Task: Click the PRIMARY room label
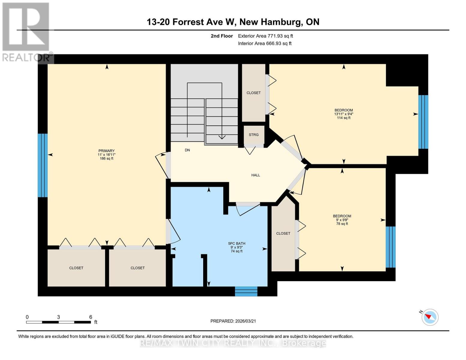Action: pos(107,151)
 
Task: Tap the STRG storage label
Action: pos(254,135)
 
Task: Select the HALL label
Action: pos(256,175)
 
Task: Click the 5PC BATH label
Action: pos(236,244)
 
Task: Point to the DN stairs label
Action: pos(187,150)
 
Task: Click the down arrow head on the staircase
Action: pos(222,137)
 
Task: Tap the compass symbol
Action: pos(430,317)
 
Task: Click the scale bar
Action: pos(59,322)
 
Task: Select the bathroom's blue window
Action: pos(246,291)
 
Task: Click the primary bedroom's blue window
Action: pos(43,165)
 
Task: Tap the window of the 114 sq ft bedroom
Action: pos(423,122)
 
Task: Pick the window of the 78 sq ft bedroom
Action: pos(390,247)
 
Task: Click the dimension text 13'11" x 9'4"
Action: pos(344,114)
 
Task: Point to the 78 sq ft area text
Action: pos(342,224)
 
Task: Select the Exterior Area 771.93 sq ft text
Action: pos(265,36)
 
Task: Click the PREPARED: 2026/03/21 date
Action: pos(233,321)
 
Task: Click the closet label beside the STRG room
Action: pos(254,93)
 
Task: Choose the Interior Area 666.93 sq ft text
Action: pos(265,43)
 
